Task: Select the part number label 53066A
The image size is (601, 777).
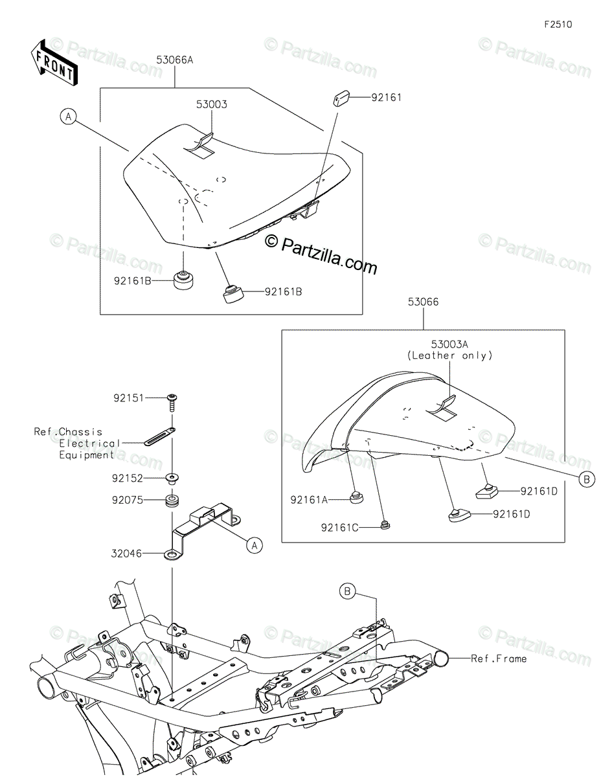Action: [175, 60]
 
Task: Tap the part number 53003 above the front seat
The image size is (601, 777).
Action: [212, 104]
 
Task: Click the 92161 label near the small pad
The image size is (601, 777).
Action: [386, 98]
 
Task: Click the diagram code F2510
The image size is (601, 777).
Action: [558, 25]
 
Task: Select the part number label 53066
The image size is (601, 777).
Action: [423, 302]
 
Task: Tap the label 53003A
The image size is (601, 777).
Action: [449, 345]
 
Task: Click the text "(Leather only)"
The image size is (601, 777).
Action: [449, 355]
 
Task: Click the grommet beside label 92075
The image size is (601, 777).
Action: [172, 501]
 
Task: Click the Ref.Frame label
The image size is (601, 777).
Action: [498, 659]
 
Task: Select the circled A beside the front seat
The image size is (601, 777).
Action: [69, 117]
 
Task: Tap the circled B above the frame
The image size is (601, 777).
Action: [348, 591]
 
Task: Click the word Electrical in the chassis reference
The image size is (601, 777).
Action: [90, 444]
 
